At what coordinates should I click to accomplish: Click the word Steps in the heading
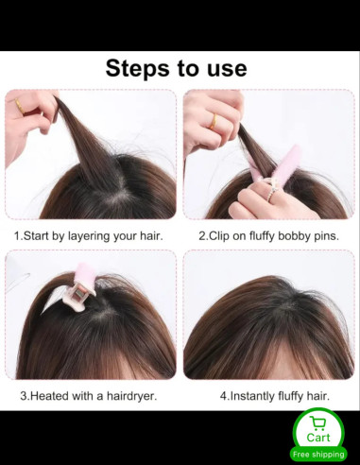pos(137,69)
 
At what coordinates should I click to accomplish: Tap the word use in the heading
pos(227,69)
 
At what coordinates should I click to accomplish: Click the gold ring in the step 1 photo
pos(20,106)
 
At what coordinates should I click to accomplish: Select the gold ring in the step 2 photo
pos(214,122)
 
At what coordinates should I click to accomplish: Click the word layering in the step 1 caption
pos(89,236)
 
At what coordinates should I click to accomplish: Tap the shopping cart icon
pos(317,423)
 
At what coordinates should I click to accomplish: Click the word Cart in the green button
pos(318,438)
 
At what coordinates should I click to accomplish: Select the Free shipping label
pos(318,454)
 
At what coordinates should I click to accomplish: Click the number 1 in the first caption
pos(17,235)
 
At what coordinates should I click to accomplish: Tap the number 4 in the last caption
pos(223,396)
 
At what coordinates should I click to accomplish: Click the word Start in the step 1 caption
pos(36,235)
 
